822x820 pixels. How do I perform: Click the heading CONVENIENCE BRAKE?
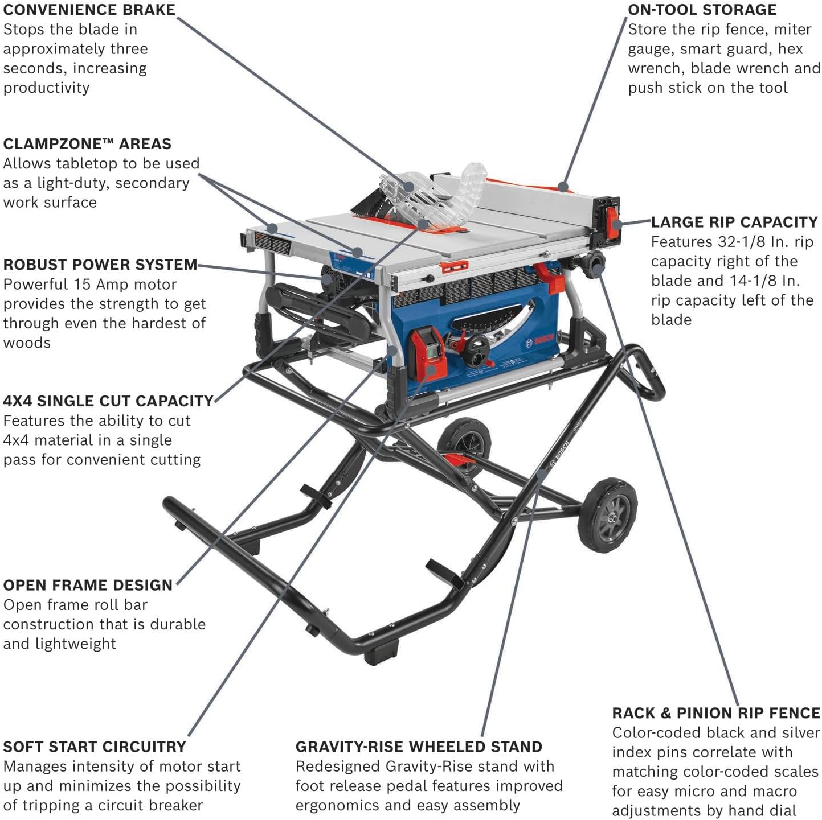point(89,10)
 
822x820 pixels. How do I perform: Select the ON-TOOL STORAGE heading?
point(702,10)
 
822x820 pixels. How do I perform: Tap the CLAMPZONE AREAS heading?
point(87,143)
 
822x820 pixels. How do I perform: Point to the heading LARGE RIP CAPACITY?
point(734,222)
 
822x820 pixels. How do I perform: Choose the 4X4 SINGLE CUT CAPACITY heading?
point(108,401)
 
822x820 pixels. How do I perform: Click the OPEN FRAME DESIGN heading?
point(88,585)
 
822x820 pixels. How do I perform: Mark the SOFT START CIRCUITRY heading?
point(95,747)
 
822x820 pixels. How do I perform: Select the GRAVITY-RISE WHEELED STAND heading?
point(419,747)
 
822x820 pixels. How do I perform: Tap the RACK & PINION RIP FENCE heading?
point(716,713)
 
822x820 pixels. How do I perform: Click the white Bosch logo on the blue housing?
point(538,341)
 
